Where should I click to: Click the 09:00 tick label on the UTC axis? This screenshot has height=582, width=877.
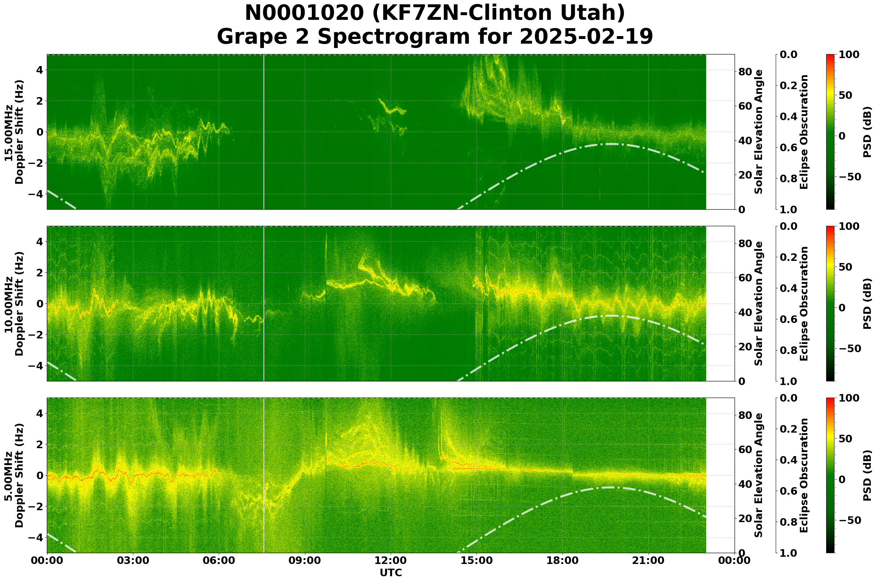305,560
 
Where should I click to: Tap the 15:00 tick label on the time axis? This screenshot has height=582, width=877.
477,560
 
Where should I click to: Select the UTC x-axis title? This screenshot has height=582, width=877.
391,572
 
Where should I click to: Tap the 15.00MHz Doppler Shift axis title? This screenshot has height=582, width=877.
14,132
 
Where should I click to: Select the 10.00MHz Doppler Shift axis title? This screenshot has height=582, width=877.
14,303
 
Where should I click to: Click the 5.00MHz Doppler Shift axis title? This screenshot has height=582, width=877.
14,476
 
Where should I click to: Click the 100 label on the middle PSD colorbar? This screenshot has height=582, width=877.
849,227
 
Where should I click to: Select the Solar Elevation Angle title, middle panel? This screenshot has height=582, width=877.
759,303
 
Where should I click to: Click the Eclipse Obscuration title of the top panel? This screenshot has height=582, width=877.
804,132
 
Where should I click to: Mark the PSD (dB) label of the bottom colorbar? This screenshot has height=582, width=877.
868,476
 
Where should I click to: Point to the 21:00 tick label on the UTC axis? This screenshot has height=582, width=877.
648,560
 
